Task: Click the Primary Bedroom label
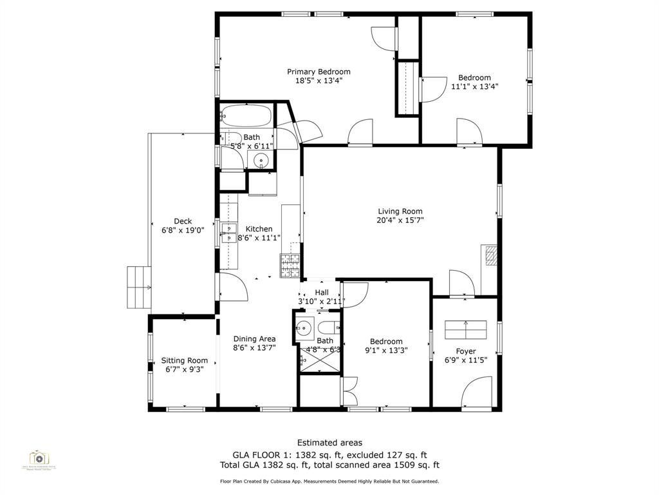point(319,72)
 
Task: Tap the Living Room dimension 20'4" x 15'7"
point(400,220)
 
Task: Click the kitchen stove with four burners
point(289,264)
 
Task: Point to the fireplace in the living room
point(490,255)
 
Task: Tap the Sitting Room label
point(184,360)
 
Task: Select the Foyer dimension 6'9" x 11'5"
point(466,360)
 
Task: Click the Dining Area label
point(254,338)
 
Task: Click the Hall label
point(321,292)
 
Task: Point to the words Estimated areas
point(329,442)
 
